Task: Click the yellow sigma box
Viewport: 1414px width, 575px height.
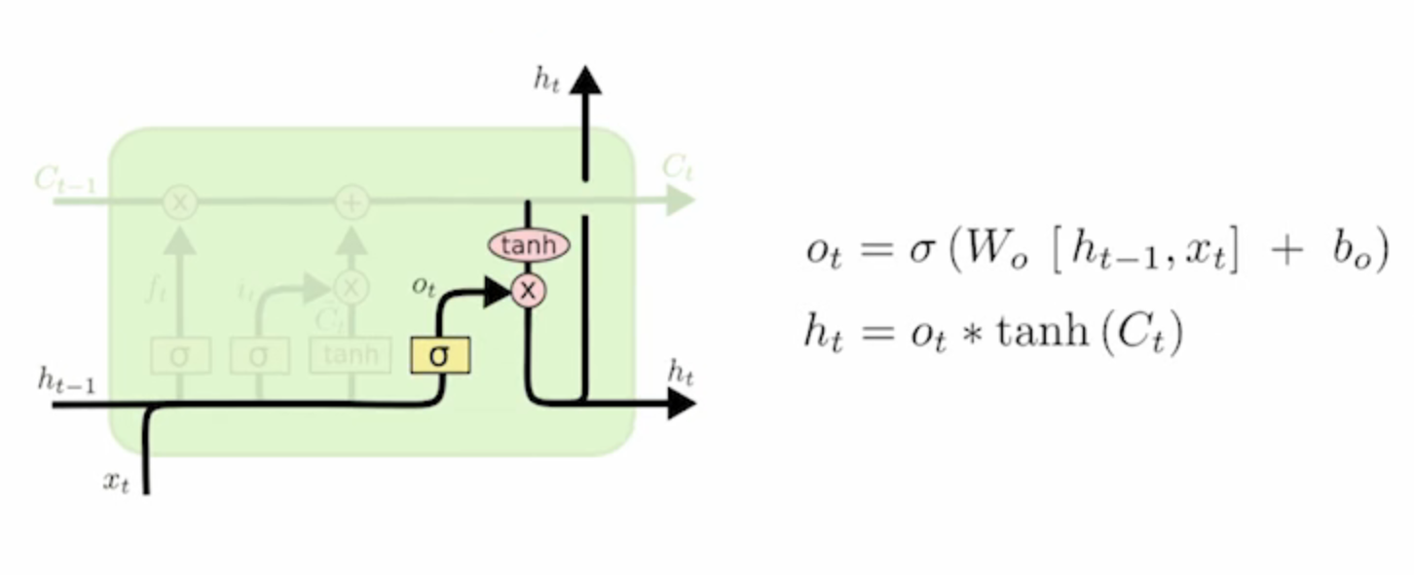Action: pos(440,355)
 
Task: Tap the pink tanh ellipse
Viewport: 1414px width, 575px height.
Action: pos(528,245)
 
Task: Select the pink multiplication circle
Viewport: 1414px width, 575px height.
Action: pos(528,290)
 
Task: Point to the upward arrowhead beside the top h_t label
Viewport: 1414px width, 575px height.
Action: pos(585,80)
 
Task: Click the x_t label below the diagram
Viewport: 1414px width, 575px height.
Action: pos(116,482)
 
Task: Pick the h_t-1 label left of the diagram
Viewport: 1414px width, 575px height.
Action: pos(66,380)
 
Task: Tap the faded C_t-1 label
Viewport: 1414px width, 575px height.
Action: pos(64,179)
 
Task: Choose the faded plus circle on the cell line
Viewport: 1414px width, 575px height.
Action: pos(352,202)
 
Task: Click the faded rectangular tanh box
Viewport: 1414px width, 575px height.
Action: pos(351,356)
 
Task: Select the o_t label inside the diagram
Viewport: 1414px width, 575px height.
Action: pos(422,285)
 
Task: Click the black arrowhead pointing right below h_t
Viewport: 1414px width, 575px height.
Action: pos(681,402)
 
